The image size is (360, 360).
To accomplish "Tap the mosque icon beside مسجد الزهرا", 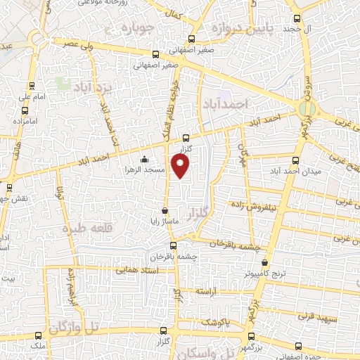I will point(144,160).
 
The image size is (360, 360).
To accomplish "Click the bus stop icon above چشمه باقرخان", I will point(174,245).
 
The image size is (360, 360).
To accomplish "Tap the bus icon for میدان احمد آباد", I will point(296,160).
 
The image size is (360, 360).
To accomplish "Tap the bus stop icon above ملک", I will point(39,336).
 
